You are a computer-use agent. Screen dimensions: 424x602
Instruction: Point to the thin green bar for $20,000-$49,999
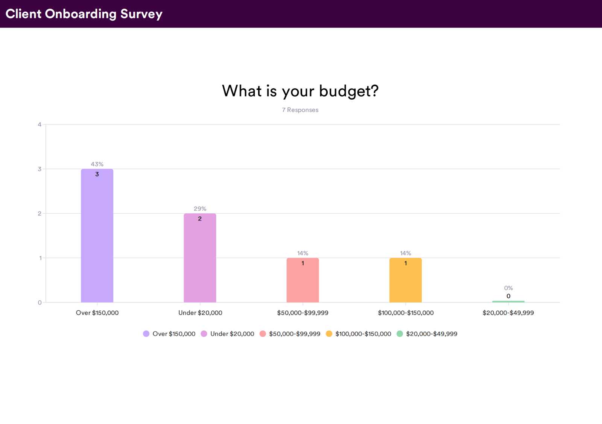(x=508, y=301)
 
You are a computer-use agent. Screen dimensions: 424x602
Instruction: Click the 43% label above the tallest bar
(x=97, y=164)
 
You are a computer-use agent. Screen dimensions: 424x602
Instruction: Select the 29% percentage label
(x=200, y=208)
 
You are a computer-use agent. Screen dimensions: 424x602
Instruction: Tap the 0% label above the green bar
(x=508, y=288)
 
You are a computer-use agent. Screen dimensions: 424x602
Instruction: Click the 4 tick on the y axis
(x=40, y=125)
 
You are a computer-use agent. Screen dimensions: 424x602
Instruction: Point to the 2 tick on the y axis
(x=40, y=213)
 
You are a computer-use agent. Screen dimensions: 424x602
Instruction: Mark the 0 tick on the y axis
(x=40, y=302)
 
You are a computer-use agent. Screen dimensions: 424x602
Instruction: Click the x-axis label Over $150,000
(x=97, y=313)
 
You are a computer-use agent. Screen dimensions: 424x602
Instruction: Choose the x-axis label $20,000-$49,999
(x=508, y=313)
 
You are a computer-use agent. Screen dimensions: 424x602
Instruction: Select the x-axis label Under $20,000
(x=200, y=313)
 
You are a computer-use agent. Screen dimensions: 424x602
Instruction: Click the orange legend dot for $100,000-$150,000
(x=329, y=334)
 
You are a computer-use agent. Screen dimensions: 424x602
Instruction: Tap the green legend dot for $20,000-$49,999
(x=400, y=334)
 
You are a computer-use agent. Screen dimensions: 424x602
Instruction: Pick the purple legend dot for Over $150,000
(x=146, y=334)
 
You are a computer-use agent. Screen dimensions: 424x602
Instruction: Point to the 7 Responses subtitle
(x=300, y=110)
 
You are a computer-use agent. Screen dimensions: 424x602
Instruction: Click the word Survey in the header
(x=141, y=14)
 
